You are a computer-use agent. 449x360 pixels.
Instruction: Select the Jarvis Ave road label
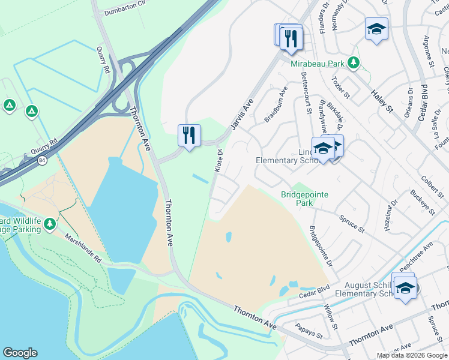(x=241, y=114)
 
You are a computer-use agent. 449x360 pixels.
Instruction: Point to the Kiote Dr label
(x=218, y=160)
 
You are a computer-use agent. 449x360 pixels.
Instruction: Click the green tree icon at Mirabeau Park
(x=354, y=62)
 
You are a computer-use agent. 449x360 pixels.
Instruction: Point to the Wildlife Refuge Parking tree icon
(x=49, y=224)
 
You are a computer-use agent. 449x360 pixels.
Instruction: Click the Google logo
(x=20, y=353)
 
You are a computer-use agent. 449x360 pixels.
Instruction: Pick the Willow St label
(x=331, y=319)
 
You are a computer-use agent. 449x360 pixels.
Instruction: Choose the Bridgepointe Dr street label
(x=321, y=247)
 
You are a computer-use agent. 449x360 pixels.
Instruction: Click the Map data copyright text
(x=411, y=355)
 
